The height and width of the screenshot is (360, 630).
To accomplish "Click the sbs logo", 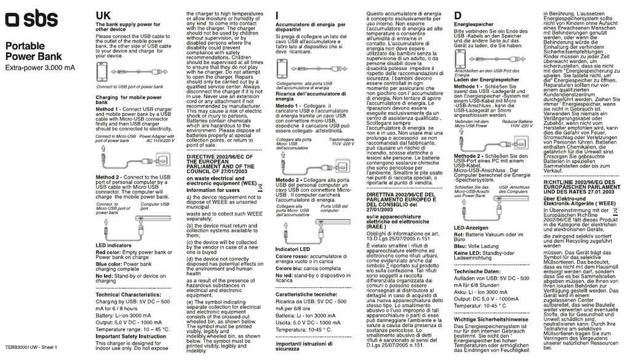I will pos(32,20).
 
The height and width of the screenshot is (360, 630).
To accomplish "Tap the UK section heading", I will pos(104,15).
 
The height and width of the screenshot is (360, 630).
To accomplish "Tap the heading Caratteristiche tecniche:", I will pos(310,295).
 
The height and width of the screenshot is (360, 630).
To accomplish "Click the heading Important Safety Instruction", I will pos(131,337).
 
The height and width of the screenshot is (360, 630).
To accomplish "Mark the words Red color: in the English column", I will pos(108,252).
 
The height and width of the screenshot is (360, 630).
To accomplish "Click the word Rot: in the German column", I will pos(458,234).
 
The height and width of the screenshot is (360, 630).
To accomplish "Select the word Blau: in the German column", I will pos(460,246).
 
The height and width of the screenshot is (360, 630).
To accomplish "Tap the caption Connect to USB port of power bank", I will pos(129,87).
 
